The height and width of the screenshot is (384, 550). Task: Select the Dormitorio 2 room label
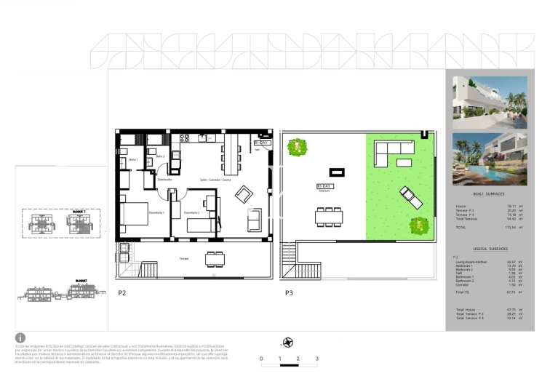click(192, 212)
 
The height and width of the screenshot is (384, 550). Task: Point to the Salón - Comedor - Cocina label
click(218, 180)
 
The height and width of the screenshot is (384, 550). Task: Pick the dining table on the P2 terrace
click(215, 258)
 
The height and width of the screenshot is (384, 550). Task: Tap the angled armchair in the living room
click(243, 194)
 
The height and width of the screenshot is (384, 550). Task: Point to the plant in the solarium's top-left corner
click(295, 148)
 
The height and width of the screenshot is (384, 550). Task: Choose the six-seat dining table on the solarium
click(328, 216)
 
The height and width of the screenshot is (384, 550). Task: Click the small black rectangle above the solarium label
click(337, 172)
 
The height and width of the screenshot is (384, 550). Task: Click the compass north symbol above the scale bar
click(289, 343)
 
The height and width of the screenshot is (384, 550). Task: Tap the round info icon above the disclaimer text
click(20, 337)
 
